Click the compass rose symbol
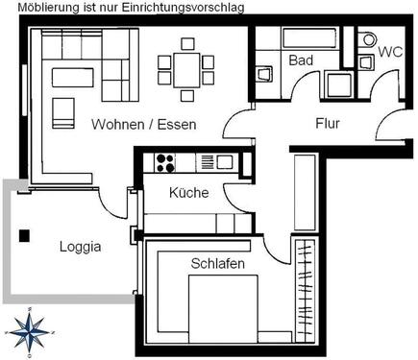click(30, 331)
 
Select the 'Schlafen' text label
click(217, 263)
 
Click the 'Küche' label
click(188, 193)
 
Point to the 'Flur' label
click(329, 123)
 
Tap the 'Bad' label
click(301, 60)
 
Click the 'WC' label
click(389, 51)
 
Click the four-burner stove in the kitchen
click(164, 162)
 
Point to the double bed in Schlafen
click(223, 307)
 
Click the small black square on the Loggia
click(25, 234)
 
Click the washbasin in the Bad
click(264, 75)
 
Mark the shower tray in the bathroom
click(338, 84)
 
